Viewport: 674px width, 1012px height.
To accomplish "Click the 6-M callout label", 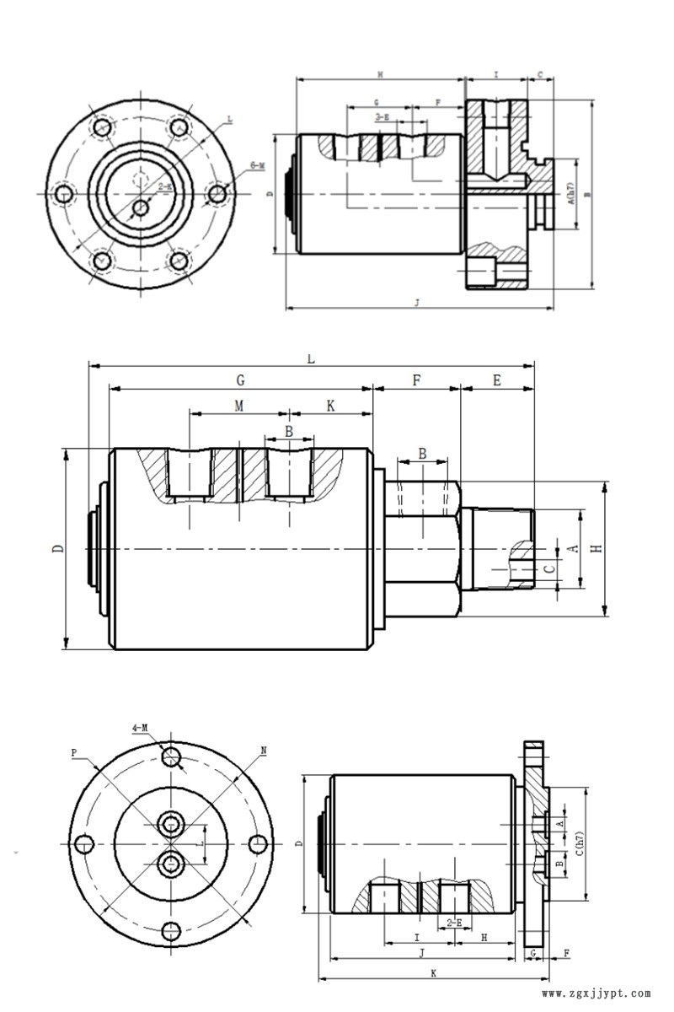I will coord(258,166).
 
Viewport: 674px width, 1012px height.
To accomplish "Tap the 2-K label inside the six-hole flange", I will coord(166,186).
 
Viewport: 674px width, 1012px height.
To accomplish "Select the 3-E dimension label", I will coord(382,117).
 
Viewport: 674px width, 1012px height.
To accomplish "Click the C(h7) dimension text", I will coord(579,843).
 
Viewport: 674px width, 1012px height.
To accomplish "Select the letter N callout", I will coord(264,750).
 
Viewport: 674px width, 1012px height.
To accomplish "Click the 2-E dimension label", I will coord(454,923).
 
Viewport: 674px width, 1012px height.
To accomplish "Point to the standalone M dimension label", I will coord(239,406).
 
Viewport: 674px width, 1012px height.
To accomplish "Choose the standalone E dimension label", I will coord(497,381).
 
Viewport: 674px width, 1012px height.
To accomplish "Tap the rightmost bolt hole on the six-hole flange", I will coord(217,194).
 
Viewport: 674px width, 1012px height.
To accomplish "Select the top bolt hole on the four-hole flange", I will coord(171,756).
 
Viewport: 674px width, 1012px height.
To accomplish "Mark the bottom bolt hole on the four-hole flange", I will coord(171,931).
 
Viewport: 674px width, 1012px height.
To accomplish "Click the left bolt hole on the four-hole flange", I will coord(83,843).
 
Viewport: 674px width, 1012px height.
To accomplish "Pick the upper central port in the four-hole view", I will coord(172,823).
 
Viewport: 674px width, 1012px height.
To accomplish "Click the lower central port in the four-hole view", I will coord(172,863).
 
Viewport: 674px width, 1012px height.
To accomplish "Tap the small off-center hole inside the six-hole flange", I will coord(141,207).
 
